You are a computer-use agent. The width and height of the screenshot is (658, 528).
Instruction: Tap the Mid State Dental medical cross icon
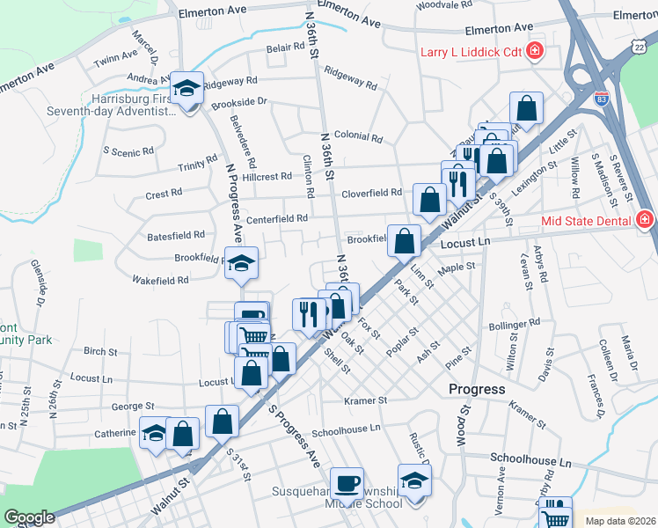click(x=645, y=219)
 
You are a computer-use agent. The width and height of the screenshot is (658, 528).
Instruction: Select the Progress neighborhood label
click(x=477, y=389)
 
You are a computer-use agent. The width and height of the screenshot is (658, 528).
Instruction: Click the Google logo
click(x=29, y=517)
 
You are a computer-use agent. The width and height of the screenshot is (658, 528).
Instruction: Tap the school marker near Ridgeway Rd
click(x=186, y=89)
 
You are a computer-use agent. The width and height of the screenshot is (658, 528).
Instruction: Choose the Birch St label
click(x=100, y=352)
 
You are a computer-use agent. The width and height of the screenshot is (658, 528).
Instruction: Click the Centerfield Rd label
click(x=277, y=218)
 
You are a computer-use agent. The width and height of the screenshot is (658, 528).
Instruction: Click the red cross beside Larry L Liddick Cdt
click(x=533, y=52)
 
